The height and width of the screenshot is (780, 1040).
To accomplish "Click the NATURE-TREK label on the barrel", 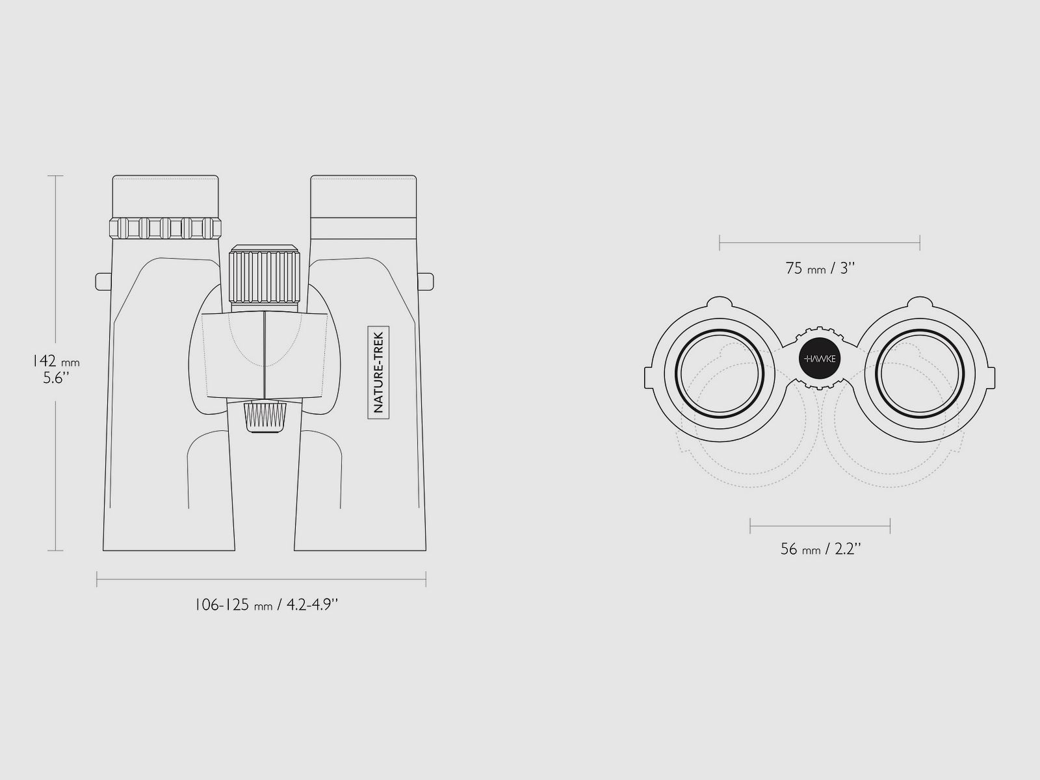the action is (x=378, y=372).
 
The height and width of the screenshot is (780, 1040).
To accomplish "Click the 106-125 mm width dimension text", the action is (x=266, y=604).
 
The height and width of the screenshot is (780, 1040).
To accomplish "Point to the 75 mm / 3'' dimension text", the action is (x=820, y=268).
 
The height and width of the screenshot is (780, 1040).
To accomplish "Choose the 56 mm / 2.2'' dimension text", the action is (x=820, y=549).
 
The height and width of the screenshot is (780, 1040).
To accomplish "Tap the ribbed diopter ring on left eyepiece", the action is (x=165, y=228).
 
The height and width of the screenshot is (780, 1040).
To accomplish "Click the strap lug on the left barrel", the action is (x=102, y=281).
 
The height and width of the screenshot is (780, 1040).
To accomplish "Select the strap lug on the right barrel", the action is (x=426, y=281).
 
